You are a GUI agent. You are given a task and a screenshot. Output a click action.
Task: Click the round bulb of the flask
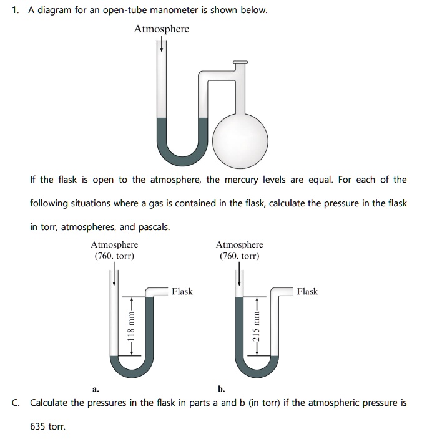pos(240,136)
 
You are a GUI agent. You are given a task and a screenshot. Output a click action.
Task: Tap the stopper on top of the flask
pos(240,62)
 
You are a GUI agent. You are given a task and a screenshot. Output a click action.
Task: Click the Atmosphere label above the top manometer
pos(161,29)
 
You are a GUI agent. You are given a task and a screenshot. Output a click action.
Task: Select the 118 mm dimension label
pos(130,325)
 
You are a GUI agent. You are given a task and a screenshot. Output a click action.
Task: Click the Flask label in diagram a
pos(182,291)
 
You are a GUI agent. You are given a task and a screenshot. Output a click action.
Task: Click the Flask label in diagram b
pos(307,291)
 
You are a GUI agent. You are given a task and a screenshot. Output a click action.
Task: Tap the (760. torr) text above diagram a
pos(114,256)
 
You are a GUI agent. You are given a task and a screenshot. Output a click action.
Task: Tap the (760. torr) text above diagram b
pos(239,256)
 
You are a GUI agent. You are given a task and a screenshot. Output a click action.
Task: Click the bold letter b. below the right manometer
pos(222,389)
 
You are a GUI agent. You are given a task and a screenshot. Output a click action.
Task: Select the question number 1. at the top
pos(16,11)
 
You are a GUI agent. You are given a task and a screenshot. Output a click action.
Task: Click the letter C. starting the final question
pos(16,403)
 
